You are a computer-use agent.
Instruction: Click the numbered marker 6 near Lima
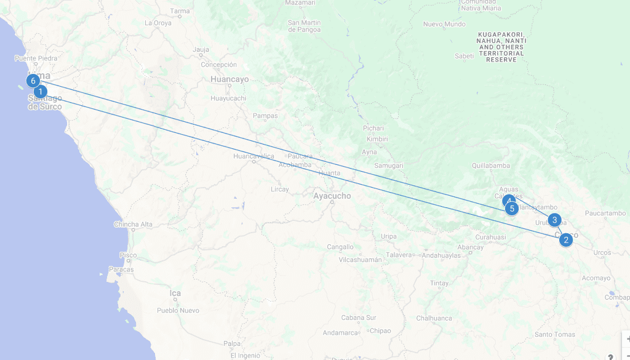click(x=33, y=81)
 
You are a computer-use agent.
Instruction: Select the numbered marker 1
click(x=41, y=92)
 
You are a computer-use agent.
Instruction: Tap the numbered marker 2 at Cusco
click(x=566, y=239)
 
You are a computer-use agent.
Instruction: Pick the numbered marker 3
click(x=554, y=220)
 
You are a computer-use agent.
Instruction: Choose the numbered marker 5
click(x=512, y=209)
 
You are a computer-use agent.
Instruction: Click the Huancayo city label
click(x=229, y=79)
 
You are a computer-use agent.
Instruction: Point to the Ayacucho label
click(x=332, y=196)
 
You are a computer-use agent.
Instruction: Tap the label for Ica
click(x=175, y=294)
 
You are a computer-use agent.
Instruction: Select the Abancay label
click(x=471, y=247)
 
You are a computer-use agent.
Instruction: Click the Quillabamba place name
click(x=491, y=166)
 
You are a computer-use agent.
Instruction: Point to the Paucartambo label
click(x=605, y=214)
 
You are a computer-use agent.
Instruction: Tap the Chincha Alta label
click(x=133, y=225)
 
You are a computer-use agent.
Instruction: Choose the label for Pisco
click(x=128, y=255)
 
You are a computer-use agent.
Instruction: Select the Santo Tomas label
click(x=555, y=335)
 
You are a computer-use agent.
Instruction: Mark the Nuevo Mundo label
click(x=444, y=25)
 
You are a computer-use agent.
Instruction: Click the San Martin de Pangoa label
click(x=304, y=26)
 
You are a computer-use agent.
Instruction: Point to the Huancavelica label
click(x=253, y=156)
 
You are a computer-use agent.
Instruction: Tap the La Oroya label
click(x=158, y=23)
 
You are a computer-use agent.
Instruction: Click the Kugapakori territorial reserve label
click(x=500, y=47)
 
